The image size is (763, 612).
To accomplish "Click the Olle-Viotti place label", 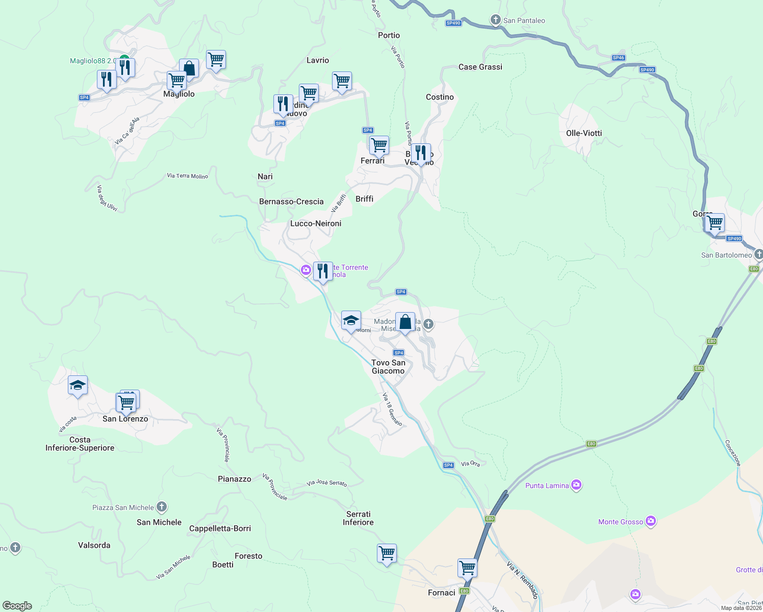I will click(584, 133).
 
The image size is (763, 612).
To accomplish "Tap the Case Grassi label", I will click(480, 67).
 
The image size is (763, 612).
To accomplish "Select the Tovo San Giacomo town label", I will click(388, 367).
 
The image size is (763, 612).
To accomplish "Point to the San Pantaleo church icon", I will click(495, 20).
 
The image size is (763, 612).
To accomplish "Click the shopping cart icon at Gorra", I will click(715, 222).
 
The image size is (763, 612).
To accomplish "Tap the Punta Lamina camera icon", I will click(576, 485).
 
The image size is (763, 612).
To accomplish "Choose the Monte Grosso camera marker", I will click(650, 521).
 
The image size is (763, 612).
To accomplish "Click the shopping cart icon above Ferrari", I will click(379, 145).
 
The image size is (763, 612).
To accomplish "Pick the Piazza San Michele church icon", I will click(162, 507).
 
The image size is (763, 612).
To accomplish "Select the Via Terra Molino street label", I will click(188, 176).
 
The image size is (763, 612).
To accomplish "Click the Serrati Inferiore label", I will click(358, 518).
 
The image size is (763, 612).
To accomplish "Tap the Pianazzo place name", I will click(235, 479).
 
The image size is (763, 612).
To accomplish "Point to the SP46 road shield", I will click(618, 58).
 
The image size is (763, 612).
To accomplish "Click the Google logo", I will click(17, 606).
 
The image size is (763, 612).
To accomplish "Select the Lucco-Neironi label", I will click(316, 223).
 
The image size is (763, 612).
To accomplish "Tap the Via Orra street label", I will click(470, 464).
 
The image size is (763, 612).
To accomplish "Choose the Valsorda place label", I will click(94, 545).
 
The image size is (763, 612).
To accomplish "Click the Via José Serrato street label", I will click(327, 483).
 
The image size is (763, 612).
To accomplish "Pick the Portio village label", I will click(389, 35).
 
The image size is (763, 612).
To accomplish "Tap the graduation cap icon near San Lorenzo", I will click(78, 385).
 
